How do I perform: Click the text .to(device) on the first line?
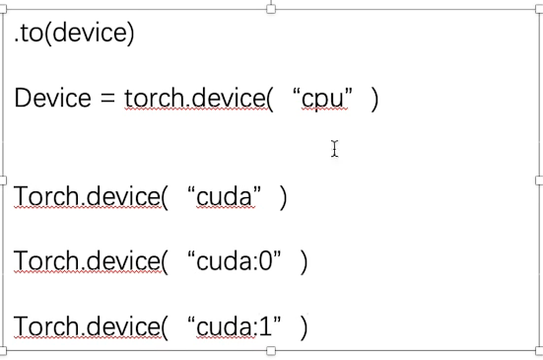(x=74, y=34)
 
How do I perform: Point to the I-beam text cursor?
(x=335, y=149)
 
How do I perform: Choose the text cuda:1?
(x=235, y=326)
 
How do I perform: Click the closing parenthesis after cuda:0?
(x=305, y=261)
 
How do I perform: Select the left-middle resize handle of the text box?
(x=3, y=180)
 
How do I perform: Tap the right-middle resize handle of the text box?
(x=539, y=180)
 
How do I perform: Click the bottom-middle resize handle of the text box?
(x=271, y=350)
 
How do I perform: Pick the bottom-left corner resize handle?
(x=3, y=350)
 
